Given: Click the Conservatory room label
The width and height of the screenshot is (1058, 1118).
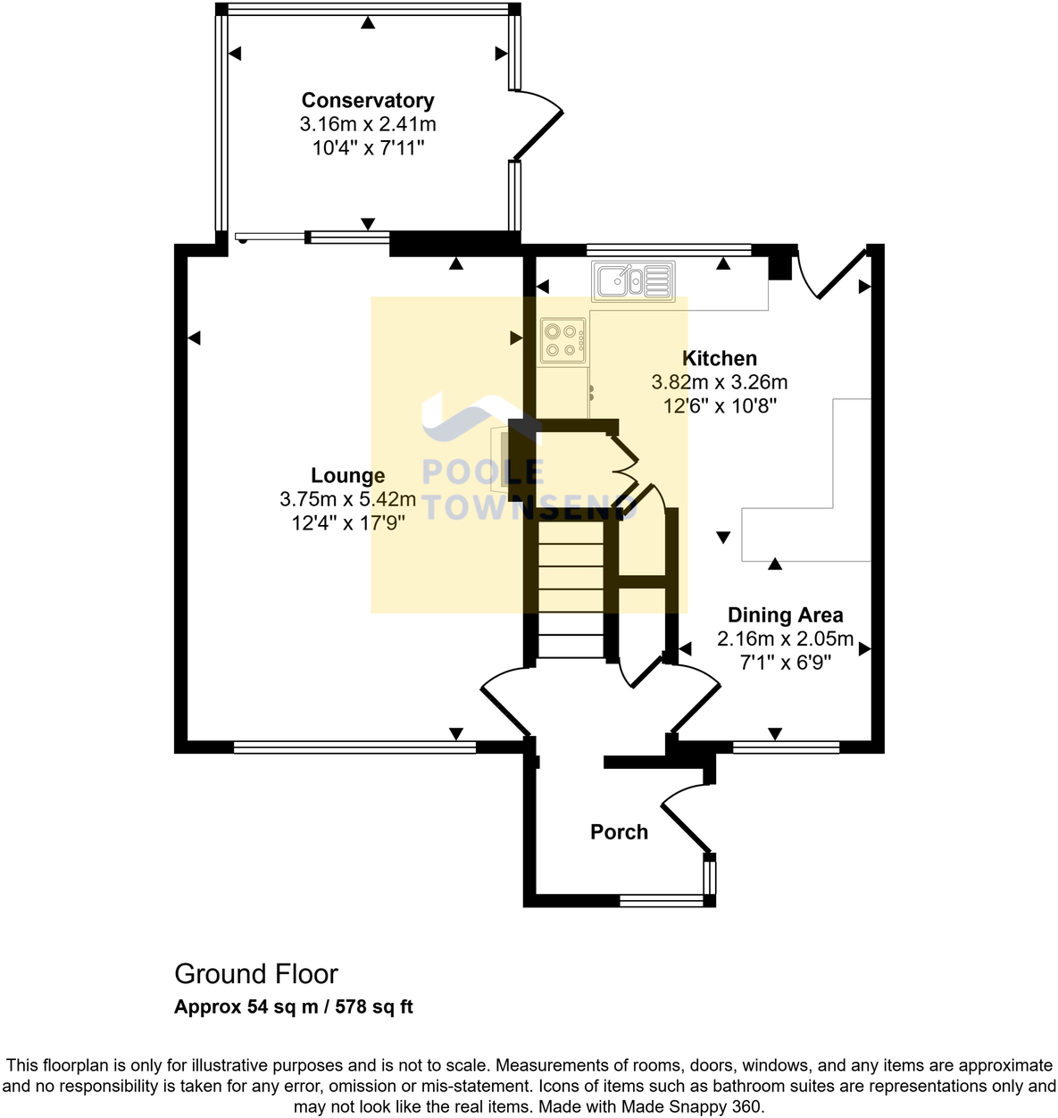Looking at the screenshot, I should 367,101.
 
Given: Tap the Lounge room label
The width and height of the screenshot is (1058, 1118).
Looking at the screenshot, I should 347,476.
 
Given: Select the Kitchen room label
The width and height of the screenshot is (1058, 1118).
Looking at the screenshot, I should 720,359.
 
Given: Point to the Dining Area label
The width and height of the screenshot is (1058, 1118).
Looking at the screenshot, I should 785,615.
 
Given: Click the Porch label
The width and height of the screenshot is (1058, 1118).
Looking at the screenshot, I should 619,832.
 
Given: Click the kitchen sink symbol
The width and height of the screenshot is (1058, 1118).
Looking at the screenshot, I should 632,280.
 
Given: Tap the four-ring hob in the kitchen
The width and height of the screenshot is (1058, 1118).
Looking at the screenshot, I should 562,339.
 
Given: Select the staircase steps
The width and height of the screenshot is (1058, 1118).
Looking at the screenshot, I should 571,589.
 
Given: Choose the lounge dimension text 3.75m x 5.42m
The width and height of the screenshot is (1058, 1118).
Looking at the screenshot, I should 347,500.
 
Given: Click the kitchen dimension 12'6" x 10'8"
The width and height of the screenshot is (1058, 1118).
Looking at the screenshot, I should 720,406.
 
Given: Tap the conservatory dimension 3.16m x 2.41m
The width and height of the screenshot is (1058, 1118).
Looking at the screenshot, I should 367,125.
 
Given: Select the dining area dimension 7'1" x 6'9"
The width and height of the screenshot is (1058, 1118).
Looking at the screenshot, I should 785,663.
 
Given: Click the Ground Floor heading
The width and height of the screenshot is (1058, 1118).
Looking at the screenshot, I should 256,974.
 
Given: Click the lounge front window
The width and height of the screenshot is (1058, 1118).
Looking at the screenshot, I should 354,747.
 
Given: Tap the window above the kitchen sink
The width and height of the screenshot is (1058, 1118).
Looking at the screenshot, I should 669,249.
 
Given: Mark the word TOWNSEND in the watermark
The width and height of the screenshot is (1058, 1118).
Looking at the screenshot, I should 529,506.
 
